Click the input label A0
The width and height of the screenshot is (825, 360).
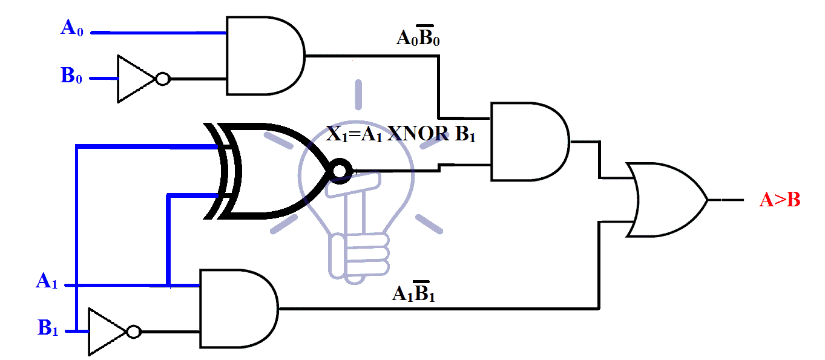pos(71,28)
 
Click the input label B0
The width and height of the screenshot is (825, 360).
pos(71,76)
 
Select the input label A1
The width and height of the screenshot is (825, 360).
pos(47,281)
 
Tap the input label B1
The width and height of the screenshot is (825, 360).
pos(47,329)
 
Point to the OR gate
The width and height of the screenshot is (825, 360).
pos(666,200)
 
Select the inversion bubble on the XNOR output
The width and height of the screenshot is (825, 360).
pos(340,172)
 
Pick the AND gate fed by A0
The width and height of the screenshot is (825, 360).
pos(263,56)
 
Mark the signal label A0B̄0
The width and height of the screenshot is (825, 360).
pos(422,38)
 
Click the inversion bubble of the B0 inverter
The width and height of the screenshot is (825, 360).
pos(162,79)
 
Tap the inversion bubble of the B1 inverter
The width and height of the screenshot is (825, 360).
pos(134,332)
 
